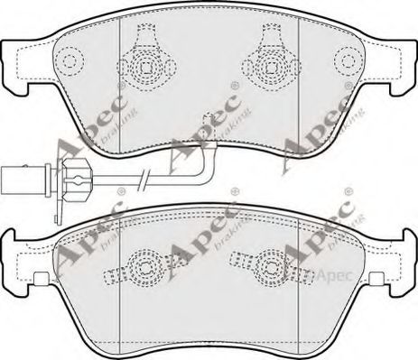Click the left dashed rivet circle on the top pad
[70, 61]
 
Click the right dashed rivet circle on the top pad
[348, 61]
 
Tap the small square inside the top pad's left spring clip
[145, 67]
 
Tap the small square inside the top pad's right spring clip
[272, 67]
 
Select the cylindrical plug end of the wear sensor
[23, 180]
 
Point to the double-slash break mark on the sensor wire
[144, 180]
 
